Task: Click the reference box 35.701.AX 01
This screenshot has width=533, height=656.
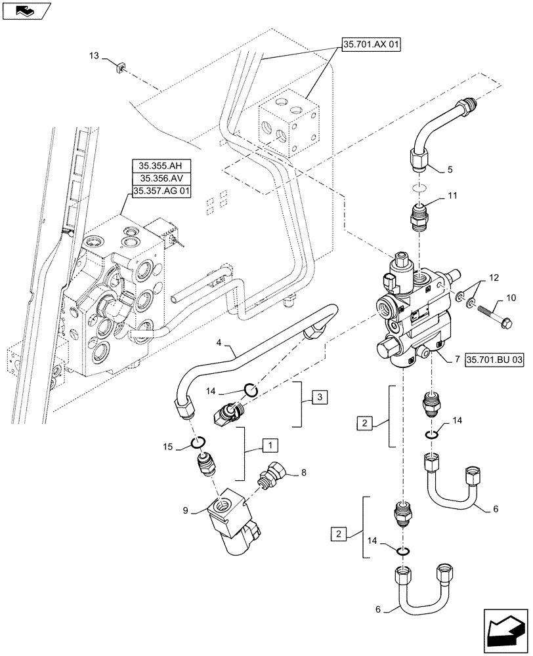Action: point(370,45)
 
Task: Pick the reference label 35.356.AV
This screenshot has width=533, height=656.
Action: point(161,178)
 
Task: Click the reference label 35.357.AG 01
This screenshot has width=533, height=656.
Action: point(161,191)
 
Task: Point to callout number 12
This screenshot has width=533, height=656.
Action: point(494,277)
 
